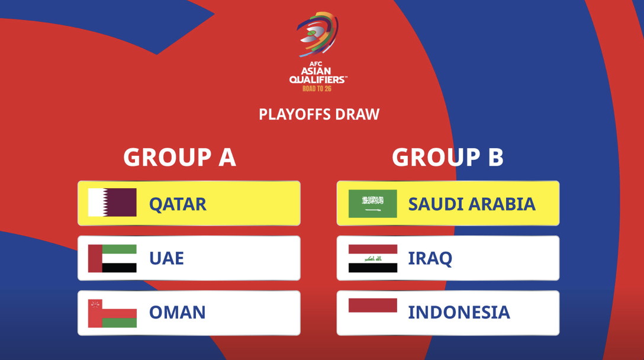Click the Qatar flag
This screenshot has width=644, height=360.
[x=112, y=202]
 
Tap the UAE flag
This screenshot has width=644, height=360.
[x=112, y=259]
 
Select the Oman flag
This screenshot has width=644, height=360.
[x=112, y=314]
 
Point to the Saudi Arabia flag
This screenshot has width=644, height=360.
[x=372, y=204]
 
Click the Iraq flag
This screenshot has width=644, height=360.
[x=372, y=259]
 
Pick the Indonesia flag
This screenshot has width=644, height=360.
[x=372, y=312]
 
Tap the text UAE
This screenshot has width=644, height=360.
[x=166, y=259]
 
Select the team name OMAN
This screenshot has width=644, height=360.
[x=178, y=313]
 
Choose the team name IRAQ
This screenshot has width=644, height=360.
[x=430, y=259]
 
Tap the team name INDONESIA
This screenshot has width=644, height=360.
[x=459, y=313]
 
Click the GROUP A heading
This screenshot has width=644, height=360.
[x=180, y=157]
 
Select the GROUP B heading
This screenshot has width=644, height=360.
[x=447, y=157]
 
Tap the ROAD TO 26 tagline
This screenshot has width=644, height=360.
[x=317, y=88]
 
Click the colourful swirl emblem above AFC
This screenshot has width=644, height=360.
[x=317, y=34]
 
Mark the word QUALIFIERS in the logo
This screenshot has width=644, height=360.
[x=317, y=80]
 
